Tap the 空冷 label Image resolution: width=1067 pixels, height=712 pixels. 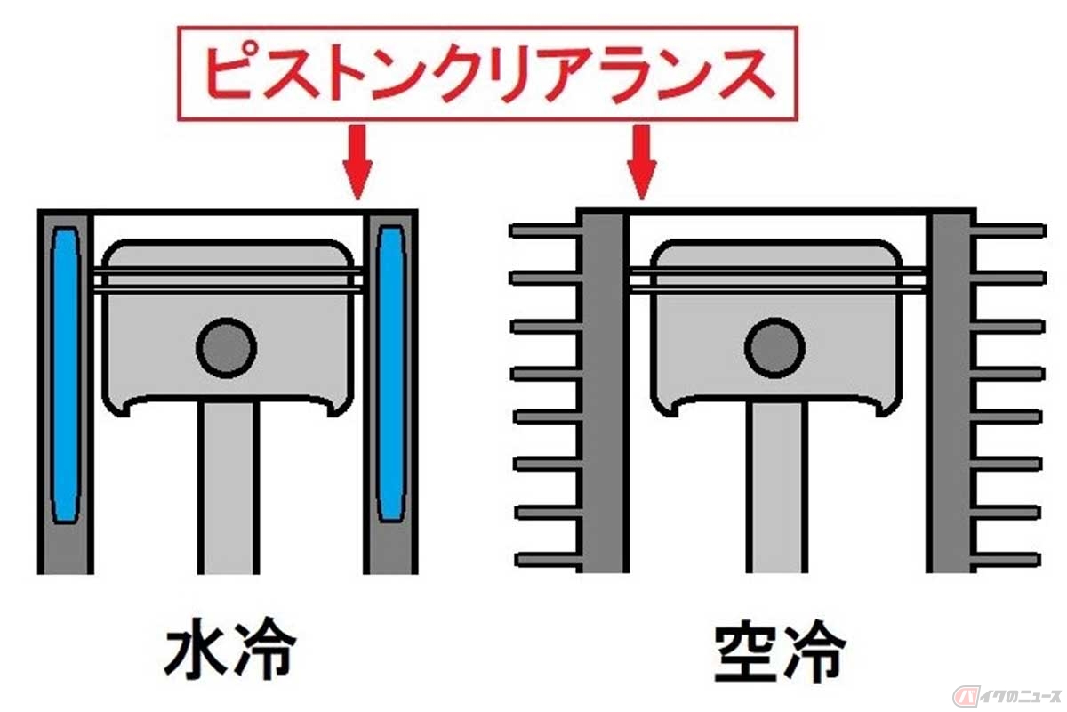click(777, 656)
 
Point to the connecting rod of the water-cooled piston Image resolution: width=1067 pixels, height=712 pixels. click(228, 489)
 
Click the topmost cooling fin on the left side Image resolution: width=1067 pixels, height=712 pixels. click(544, 231)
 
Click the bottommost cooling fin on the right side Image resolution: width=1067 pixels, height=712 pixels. click(1009, 560)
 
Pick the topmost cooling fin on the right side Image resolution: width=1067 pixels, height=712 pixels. click(1009, 231)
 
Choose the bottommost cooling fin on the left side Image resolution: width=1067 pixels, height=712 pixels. click(544, 560)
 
